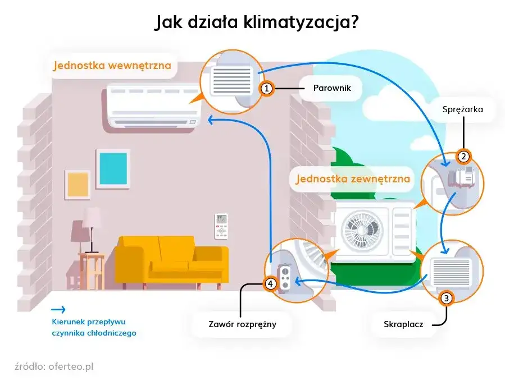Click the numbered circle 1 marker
point(267,89)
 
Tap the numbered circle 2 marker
point(463,157)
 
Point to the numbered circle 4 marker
point(271,285)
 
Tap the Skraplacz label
point(403,324)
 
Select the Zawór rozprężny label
point(242,324)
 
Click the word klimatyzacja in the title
point(302,22)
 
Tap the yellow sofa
point(171,260)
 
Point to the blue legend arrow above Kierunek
point(58,309)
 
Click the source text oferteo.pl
point(70,366)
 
